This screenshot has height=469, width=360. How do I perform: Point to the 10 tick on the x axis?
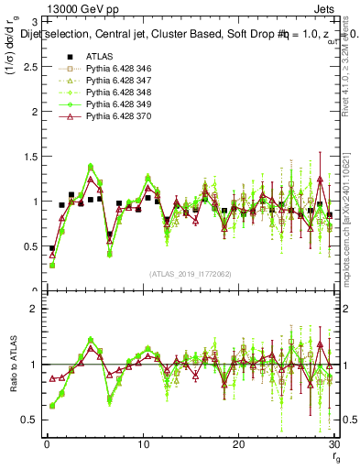click(143, 443)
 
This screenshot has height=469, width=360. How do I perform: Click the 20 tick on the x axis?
click(238, 443)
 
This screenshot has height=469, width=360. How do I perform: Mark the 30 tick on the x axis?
click(333, 443)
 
